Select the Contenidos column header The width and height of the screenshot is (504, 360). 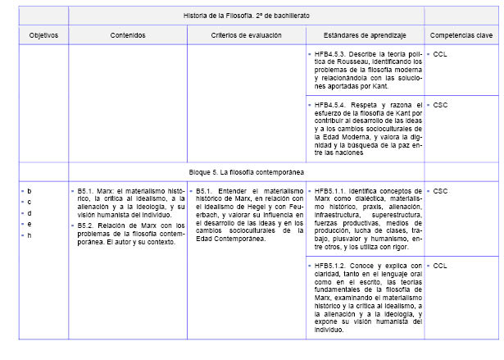tap(128, 35)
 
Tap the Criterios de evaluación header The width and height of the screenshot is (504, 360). tap(246, 35)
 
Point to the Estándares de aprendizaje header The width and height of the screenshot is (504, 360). tap(363, 35)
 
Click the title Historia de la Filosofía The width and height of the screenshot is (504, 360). tap(245, 16)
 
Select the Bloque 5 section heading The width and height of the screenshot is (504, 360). tap(245, 172)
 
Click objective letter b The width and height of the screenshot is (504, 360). tap(30, 191)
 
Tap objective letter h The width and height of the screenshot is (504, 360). tap(30, 235)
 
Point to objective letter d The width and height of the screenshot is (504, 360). tap(30, 213)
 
